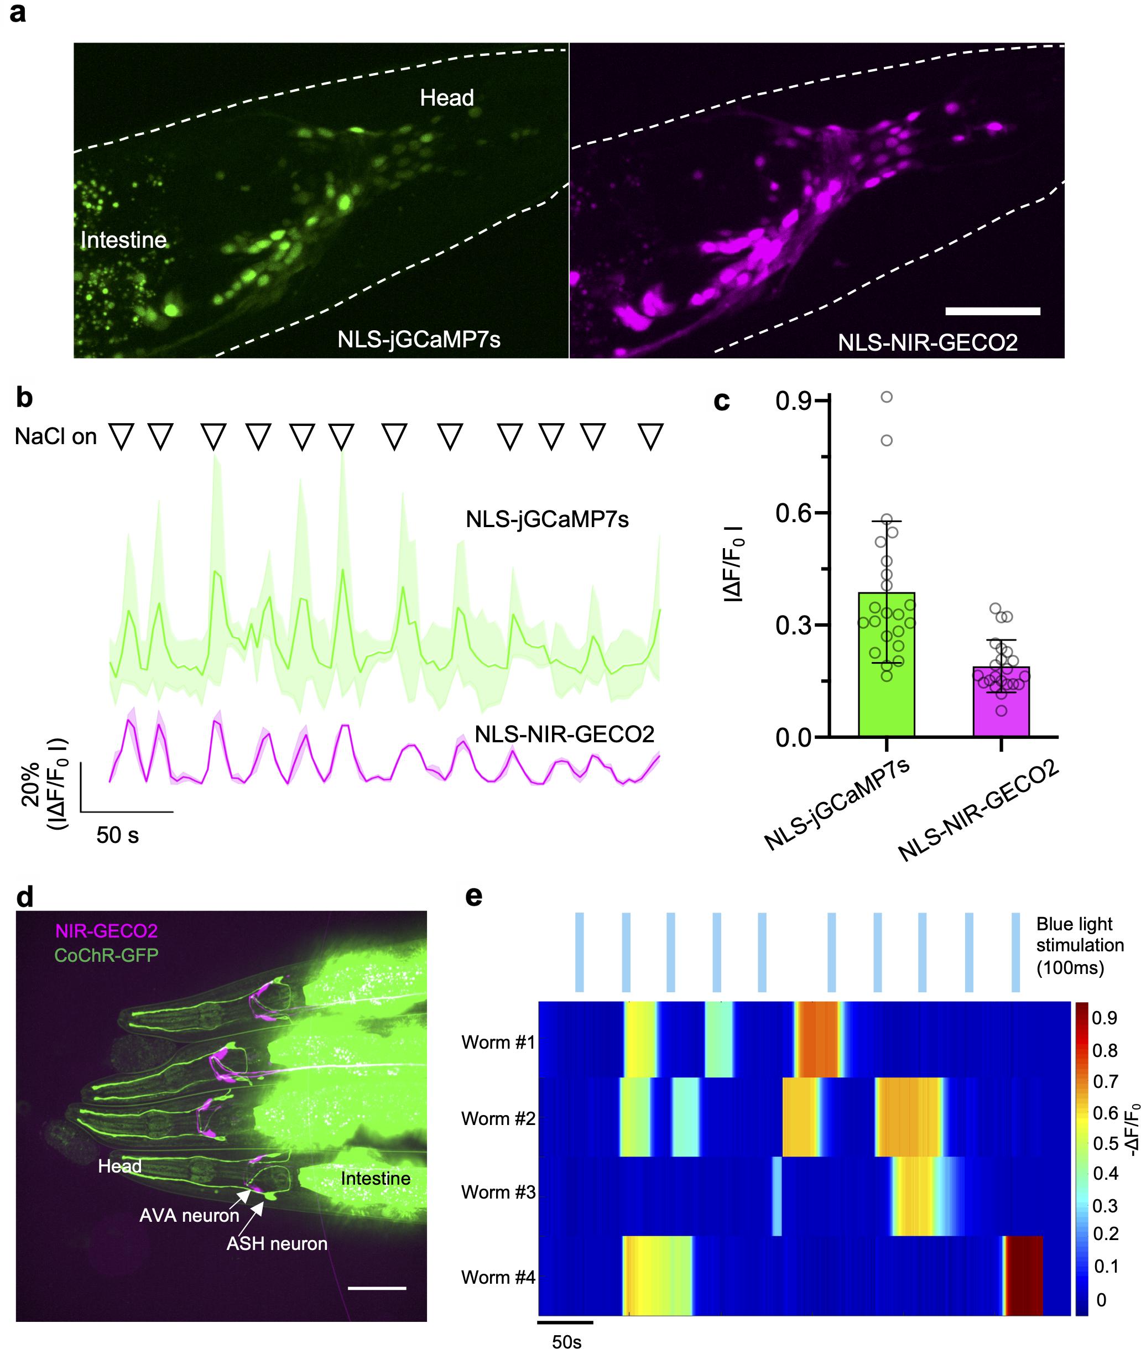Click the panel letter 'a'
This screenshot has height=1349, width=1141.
(18, 12)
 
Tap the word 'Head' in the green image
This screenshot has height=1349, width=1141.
(446, 98)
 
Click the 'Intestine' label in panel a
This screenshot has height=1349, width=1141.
(123, 240)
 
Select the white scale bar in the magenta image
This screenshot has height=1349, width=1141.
(992, 311)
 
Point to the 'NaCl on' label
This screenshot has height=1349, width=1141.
(56, 436)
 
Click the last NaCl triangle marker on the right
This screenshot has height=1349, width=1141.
(651, 436)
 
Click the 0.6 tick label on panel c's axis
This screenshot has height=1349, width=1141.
(794, 513)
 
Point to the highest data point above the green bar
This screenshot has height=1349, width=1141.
(887, 397)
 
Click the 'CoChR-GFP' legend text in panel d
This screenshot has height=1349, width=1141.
(106, 955)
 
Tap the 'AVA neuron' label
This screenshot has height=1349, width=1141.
(189, 1215)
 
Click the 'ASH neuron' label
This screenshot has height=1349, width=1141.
(277, 1243)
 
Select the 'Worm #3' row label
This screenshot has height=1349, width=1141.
(498, 1192)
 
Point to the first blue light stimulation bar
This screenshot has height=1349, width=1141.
(580, 952)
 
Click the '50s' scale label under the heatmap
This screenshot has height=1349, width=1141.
(566, 1337)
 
